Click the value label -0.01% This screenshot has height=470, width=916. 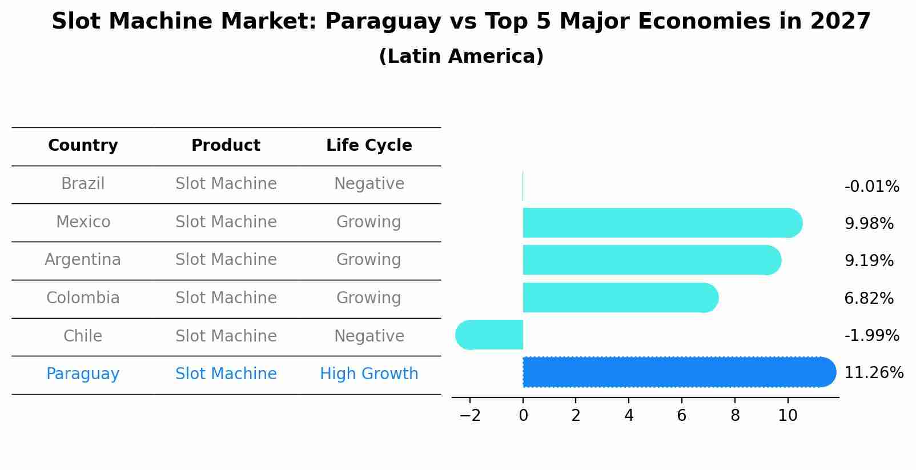coord(871,187)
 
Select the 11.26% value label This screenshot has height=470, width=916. coord(874,373)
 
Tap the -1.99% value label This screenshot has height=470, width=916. coord(871,335)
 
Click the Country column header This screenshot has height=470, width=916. coord(83,146)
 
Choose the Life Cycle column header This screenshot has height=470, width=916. coord(369,146)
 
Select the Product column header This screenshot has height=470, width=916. coord(226,146)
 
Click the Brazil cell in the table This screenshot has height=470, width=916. coord(83,184)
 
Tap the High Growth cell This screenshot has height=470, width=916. coord(369,374)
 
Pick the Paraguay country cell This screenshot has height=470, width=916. coord(83,374)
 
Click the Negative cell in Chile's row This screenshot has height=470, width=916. coord(369,336)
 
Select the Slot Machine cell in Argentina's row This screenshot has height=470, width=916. coord(226,260)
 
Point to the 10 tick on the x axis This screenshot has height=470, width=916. coord(788,416)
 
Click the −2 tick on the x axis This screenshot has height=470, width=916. coord(470,416)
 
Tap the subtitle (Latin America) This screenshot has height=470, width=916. coord(461,57)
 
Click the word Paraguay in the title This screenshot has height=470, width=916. coord(383,22)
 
